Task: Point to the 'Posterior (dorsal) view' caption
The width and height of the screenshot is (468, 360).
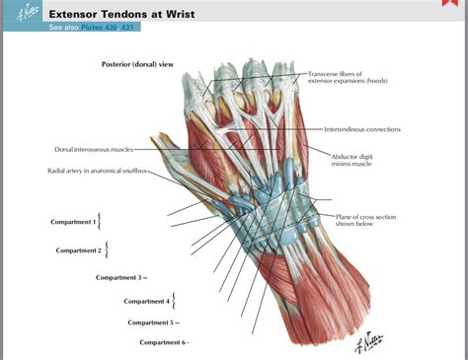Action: pyautogui.click(x=137, y=64)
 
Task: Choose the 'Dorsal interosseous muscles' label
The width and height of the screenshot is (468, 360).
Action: pyautogui.click(x=94, y=149)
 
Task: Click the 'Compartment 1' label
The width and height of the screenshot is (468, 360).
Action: pyautogui.click(x=73, y=222)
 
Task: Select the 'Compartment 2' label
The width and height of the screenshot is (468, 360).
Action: pyautogui.click(x=78, y=251)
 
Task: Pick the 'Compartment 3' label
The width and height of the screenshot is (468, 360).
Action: pyautogui.click(x=118, y=277)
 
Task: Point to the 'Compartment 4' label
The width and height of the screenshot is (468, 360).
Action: pyautogui.click(x=146, y=301)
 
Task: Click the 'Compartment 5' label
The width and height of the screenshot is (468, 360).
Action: pyautogui.click(x=150, y=323)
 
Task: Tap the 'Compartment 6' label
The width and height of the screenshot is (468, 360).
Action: pyautogui.click(x=162, y=342)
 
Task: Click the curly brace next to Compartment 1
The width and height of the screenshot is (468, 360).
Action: pyautogui.click(x=101, y=221)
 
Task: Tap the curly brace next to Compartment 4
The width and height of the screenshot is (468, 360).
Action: pyautogui.click(x=175, y=301)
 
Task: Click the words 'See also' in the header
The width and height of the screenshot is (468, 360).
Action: pyautogui.click(x=63, y=28)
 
